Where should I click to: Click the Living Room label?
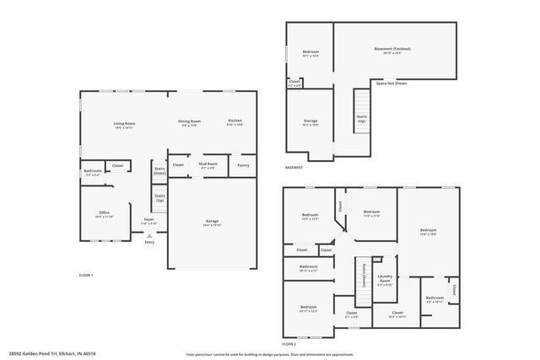coord(125,124)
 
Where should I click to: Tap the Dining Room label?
coord(189,121)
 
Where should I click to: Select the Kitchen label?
coord(235,121)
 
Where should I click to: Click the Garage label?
coord(212,223)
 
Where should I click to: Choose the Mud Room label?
coord(208,164)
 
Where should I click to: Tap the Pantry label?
coord(243,164)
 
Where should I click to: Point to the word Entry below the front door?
coord(149,243)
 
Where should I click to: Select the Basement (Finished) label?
coord(392,50)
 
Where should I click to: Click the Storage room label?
coord(310,121)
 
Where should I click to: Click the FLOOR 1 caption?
coord(86,276)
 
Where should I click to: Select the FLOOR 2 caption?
coord(289,344)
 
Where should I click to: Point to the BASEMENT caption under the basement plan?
coord(294,168)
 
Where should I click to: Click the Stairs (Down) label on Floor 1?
coord(159,169)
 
